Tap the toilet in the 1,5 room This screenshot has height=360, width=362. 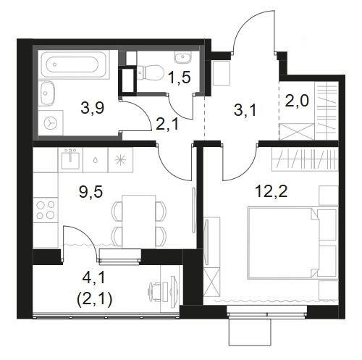pos(150,72)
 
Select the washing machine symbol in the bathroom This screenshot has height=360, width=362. pos(51,123)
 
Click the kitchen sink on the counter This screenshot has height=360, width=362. pos(70,159)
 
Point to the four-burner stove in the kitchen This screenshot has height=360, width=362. pos(46,209)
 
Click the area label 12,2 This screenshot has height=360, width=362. pos(271,192)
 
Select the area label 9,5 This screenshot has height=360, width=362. pos(91,192)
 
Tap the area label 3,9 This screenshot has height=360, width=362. pos(93,108)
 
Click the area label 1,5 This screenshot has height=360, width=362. pos(180,78)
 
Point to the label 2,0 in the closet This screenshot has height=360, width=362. pos(297,101)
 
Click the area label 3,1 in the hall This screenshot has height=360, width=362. pos(245,111)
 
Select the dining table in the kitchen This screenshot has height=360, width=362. pos(139,222)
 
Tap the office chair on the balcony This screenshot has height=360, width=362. pos(156,292)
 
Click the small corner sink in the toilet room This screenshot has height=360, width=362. pos(183,57)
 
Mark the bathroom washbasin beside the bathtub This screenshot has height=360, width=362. pos(47,93)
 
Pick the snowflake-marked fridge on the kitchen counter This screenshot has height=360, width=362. pos(120,160)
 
